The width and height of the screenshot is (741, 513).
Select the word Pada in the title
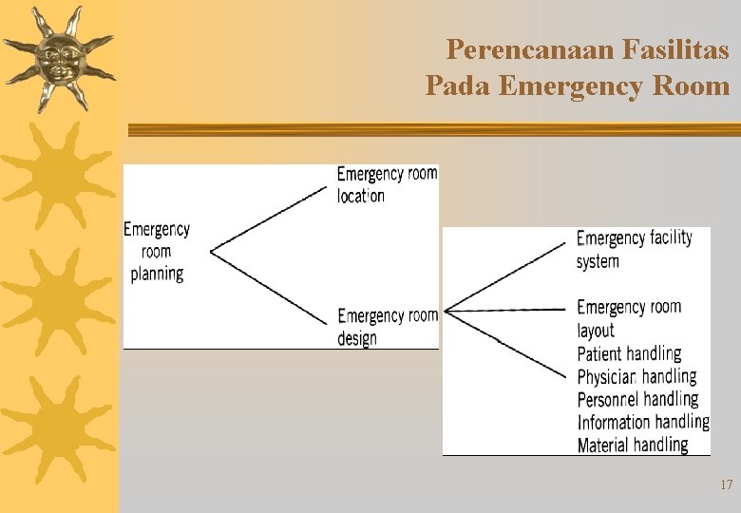coord(456,86)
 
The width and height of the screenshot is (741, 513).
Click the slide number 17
coord(726,485)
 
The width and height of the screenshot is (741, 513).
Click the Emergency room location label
coord(387,184)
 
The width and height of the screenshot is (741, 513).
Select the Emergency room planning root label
coord(157,251)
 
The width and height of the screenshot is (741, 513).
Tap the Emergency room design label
coord(388,326)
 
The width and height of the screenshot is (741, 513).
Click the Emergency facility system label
coord(634,249)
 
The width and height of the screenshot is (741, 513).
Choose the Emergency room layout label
coord(628,318)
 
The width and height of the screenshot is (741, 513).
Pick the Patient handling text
coord(629,353)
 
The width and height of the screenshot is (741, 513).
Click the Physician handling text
coord(636,376)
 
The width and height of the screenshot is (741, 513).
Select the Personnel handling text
coord(637,399)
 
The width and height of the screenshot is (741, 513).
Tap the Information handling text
coord(642,422)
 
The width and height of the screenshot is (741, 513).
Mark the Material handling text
coord(633,445)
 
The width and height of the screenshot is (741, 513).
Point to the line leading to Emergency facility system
coord(508,275)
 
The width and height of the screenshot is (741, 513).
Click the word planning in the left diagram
coord(157,274)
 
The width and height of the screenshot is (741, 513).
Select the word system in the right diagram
coord(598,261)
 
